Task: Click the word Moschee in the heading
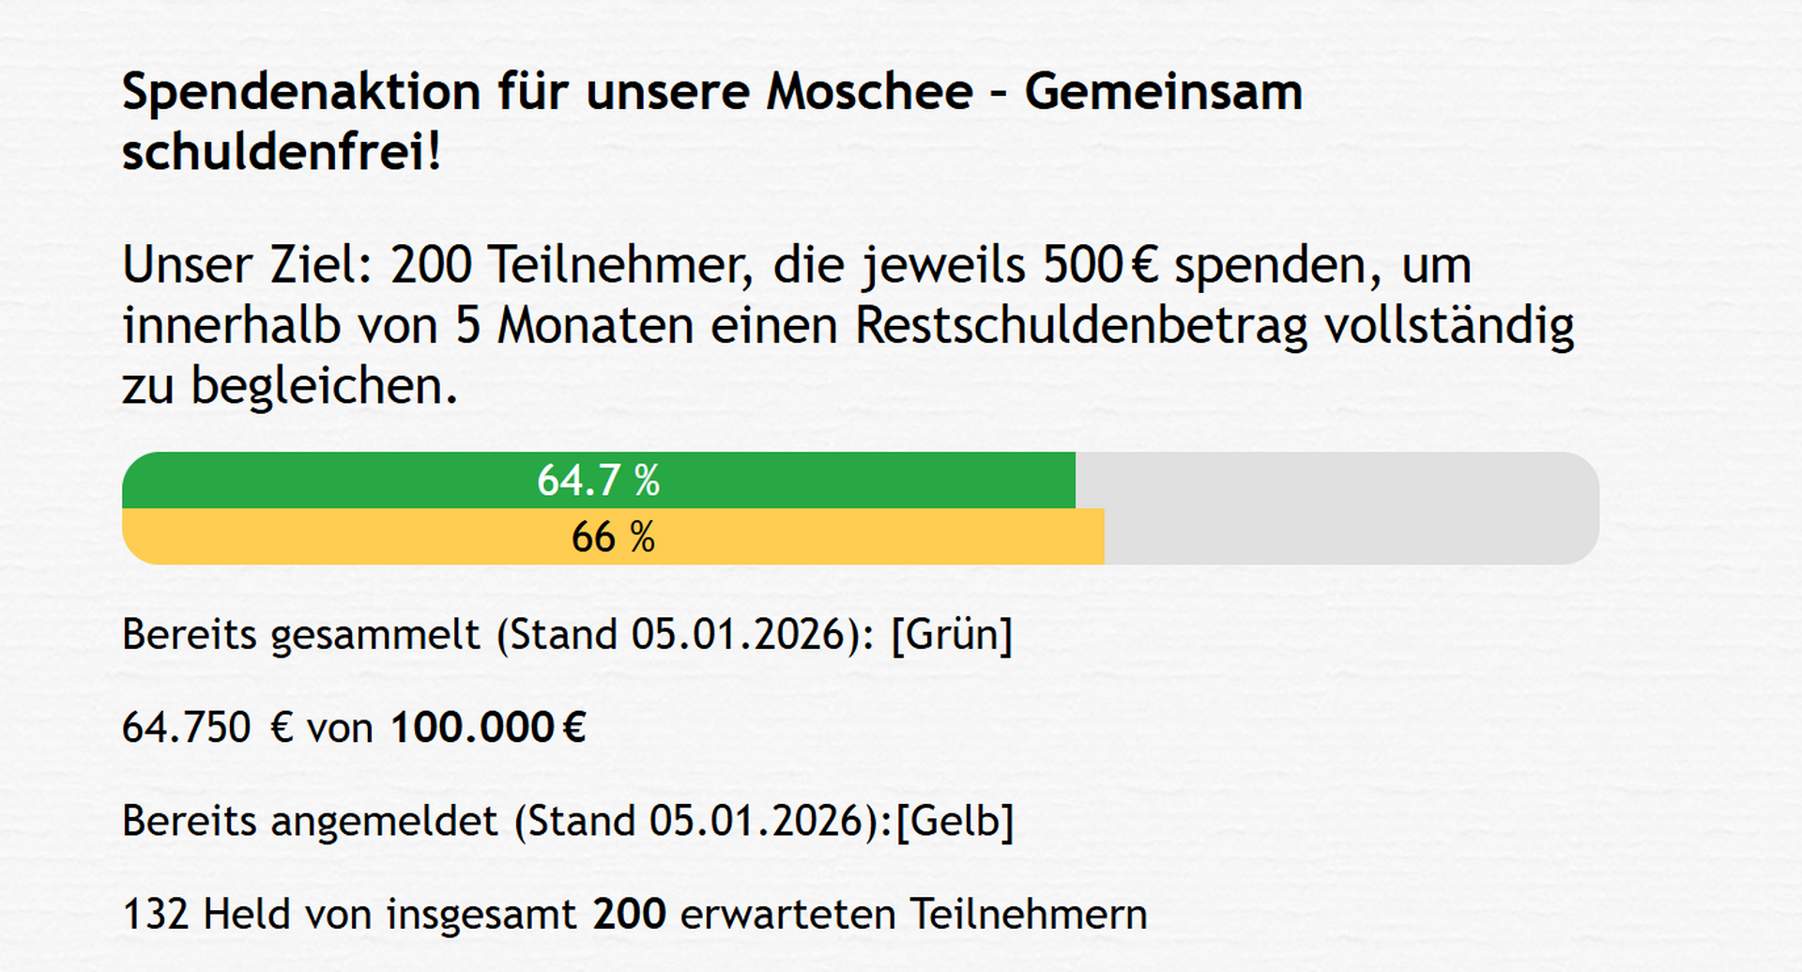click(869, 93)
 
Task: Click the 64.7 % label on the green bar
click(598, 481)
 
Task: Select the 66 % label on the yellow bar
click(613, 537)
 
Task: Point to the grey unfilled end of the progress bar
click(1351, 508)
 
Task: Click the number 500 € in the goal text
click(1101, 266)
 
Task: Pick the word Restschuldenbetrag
click(1081, 326)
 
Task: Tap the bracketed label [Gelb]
click(954, 822)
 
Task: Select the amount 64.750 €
click(207, 728)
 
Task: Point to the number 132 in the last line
click(156, 915)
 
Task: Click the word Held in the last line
click(246, 915)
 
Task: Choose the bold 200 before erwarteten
click(629, 915)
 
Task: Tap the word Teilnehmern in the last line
click(1028, 915)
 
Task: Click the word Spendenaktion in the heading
click(301, 93)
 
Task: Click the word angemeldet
click(384, 822)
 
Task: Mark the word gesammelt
click(375, 635)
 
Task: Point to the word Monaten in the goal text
click(595, 326)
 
